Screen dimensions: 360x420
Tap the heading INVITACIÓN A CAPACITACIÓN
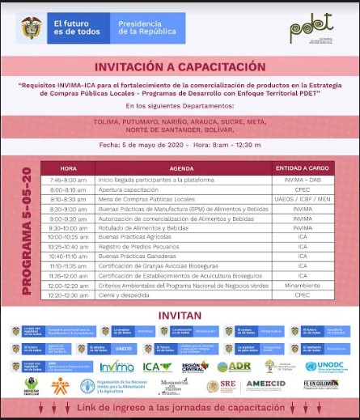point(180,66)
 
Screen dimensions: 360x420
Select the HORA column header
point(68,168)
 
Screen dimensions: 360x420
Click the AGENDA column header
point(182,168)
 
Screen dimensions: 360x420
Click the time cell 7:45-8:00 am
point(68,179)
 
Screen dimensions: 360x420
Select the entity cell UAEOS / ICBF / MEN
point(301,198)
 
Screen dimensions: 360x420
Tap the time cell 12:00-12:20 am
point(68,285)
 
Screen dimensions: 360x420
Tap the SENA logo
point(59,387)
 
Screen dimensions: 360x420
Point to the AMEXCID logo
point(266,386)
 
